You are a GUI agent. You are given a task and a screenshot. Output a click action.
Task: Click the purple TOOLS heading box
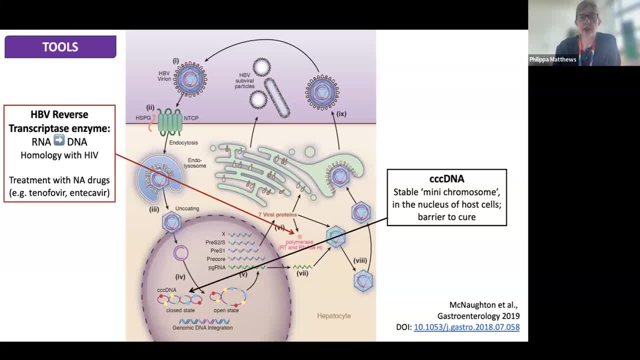[x=60, y=47]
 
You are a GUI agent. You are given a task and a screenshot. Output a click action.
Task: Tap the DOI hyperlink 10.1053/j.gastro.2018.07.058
[x=466, y=327]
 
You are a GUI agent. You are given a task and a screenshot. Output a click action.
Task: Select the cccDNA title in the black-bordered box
[x=446, y=179]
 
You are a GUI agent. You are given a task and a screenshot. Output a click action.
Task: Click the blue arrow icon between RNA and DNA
[x=59, y=141]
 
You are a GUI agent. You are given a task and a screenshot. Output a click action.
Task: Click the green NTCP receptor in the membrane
[x=170, y=121]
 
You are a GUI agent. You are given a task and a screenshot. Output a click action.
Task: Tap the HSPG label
[x=143, y=118]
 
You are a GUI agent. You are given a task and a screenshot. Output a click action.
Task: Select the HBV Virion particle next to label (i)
[x=190, y=79]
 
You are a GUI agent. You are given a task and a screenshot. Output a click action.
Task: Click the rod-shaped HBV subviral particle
[x=276, y=98]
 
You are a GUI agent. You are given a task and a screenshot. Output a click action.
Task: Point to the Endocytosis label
[x=183, y=142]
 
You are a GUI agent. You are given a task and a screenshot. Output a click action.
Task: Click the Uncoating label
[x=187, y=208]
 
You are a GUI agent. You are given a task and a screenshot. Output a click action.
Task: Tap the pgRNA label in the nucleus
[x=216, y=267]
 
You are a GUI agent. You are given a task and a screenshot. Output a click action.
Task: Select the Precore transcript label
[x=216, y=259]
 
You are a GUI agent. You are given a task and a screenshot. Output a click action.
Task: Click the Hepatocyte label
[x=333, y=316]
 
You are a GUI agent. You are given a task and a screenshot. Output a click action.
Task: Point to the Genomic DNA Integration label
[x=202, y=328]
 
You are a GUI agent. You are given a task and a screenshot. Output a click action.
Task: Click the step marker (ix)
[x=341, y=114]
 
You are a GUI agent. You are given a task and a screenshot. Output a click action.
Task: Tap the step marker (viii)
[x=360, y=260]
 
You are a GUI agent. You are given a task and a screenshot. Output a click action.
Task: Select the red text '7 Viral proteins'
[x=277, y=214]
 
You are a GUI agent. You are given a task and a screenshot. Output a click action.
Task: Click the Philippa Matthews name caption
[x=552, y=59]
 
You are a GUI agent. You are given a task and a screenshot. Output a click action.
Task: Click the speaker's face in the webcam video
[x=586, y=19]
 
